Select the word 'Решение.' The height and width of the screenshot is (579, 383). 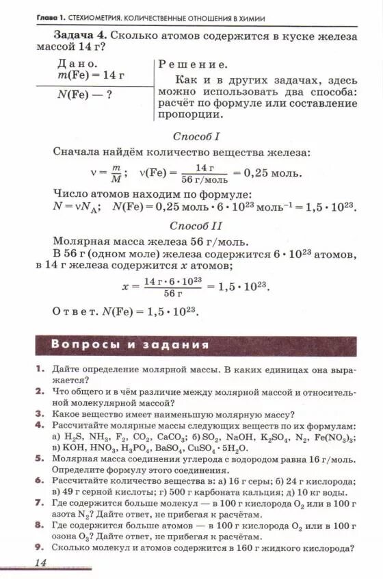pos(193,64)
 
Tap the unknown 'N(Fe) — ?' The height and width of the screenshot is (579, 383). pos(84,96)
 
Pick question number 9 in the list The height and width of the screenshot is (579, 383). pos(40,548)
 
